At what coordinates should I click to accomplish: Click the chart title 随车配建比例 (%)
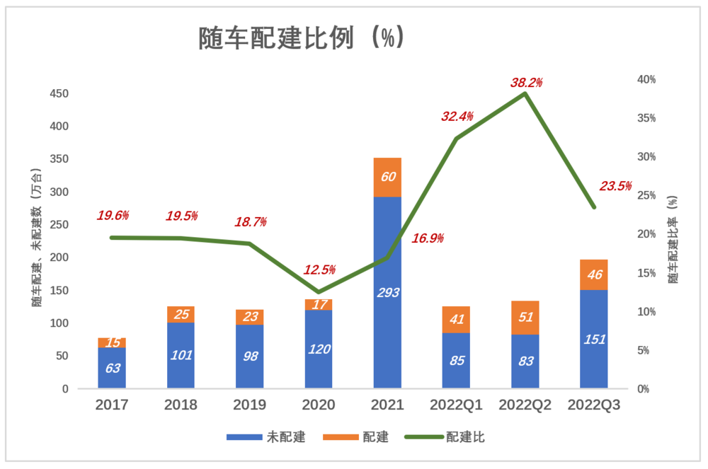click(x=302, y=38)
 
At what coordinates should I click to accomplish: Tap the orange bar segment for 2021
click(x=387, y=177)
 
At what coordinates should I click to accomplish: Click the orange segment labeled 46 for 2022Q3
click(x=594, y=274)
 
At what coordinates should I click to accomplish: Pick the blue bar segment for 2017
click(x=112, y=368)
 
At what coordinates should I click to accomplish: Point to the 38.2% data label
click(x=526, y=83)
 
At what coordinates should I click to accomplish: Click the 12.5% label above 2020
click(x=319, y=270)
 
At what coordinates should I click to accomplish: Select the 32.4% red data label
click(x=457, y=117)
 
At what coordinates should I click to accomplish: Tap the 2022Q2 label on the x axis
click(x=525, y=405)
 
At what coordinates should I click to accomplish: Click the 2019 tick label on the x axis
click(x=250, y=405)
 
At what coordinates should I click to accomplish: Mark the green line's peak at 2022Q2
click(x=525, y=93)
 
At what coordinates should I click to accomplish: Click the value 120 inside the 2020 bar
click(x=319, y=349)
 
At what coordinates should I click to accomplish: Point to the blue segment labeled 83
click(x=525, y=361)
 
